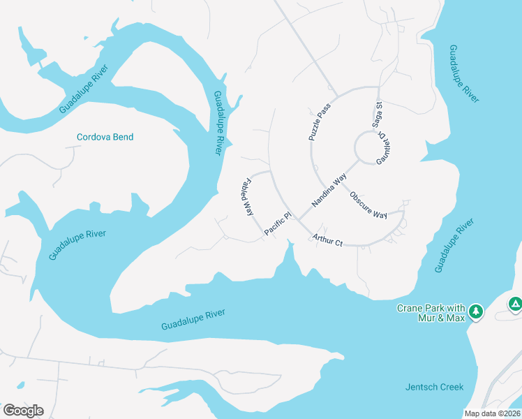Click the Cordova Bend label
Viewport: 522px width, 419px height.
[105, 137]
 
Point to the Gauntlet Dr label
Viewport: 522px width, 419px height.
[385, 149]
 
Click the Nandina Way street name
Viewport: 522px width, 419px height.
[329, 191]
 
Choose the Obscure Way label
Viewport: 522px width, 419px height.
[368, 205]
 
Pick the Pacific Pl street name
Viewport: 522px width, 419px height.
[277, 225]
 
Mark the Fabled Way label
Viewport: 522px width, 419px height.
[247, 198]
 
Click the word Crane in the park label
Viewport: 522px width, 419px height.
[410, 308]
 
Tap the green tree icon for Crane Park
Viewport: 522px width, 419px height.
[476, 311]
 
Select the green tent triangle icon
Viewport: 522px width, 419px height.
[515, 304]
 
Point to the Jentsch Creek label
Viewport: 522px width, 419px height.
[434, 387]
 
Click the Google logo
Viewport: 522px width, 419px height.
[23, 410]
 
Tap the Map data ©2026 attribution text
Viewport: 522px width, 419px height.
[493, 413]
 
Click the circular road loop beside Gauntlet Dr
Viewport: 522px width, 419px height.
[367, 147]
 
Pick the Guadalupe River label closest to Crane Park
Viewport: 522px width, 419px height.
[454, 245]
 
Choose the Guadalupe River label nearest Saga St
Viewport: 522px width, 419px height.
[464, 74]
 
